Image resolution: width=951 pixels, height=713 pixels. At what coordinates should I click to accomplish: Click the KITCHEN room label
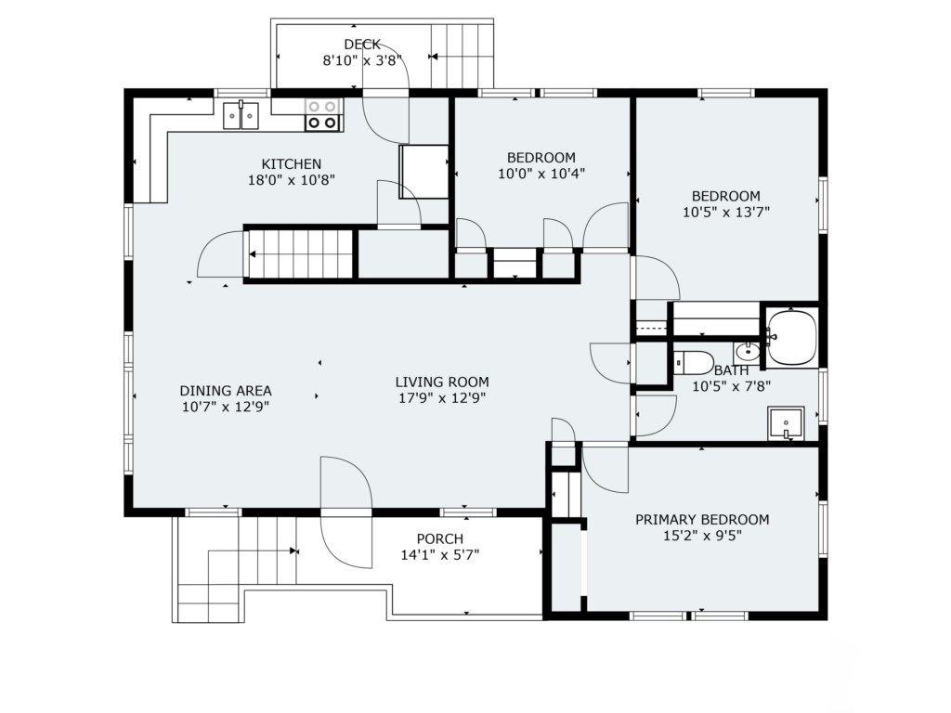(291, 163)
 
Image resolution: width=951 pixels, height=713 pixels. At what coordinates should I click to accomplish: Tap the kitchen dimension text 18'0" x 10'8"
(291, 180)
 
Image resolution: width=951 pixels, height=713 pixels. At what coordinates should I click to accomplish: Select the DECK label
(362, 45)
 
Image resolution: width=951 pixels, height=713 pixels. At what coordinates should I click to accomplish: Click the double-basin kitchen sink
(241, 115)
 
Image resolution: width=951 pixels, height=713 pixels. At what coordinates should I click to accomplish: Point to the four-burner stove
(322, 114)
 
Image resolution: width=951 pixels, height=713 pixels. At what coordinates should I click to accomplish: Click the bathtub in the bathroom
(791, 338)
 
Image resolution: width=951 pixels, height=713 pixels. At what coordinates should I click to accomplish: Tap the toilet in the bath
(693, 363)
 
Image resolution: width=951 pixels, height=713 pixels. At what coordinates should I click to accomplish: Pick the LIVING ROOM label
(442, 382)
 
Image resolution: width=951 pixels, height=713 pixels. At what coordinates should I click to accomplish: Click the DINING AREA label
(226, 391)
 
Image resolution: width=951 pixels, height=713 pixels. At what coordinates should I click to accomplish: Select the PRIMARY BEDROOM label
(702, 520)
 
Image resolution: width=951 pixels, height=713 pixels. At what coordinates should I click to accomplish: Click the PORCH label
(439, 538)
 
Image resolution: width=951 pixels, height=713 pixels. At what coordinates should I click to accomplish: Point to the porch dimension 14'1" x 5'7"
(439, 555)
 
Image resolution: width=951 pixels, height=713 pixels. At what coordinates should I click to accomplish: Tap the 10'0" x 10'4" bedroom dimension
(541, 174)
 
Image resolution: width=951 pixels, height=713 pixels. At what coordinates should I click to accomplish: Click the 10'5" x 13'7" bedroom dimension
(726, 213)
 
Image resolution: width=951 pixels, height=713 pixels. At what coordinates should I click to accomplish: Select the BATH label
(732, 370)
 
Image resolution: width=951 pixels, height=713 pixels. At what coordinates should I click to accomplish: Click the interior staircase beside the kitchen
(298, 254)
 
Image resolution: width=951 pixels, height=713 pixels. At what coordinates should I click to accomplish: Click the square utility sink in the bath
(786, 423)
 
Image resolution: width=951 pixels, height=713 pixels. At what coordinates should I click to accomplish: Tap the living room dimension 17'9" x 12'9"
(442, 398)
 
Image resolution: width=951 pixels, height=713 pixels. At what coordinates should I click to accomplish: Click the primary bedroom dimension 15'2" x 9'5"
(702, 536)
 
